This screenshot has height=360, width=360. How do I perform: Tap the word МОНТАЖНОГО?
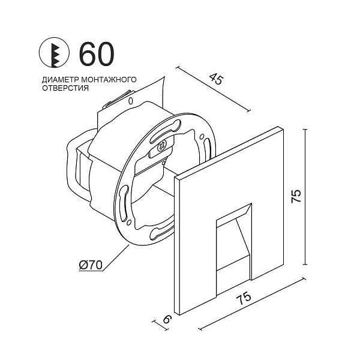point(109,80)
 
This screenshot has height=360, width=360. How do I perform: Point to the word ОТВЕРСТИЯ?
point(65,88)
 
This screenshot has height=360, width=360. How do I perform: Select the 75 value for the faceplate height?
point(296,196)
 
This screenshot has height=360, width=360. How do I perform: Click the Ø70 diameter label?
point(92,264)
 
